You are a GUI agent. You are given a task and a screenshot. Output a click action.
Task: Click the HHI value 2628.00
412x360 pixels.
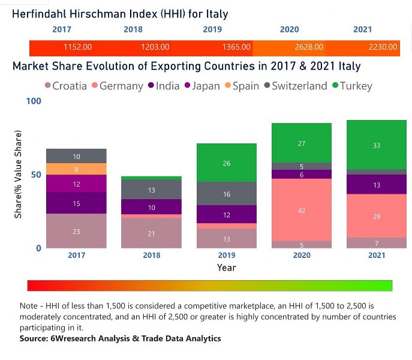309,47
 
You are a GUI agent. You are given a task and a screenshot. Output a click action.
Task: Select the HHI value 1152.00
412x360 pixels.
77,47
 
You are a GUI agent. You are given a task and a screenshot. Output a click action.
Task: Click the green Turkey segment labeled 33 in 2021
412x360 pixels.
377,145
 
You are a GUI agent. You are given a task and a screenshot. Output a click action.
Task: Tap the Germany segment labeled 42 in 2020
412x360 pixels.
302,210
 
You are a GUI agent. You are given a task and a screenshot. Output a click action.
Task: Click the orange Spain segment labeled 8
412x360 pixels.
77,169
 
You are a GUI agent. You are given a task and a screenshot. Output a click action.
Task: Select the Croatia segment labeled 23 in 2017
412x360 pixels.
77,231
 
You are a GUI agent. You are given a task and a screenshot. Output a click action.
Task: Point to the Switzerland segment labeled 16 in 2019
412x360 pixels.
227,194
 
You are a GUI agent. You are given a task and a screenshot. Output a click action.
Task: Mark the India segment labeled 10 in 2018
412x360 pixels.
152,207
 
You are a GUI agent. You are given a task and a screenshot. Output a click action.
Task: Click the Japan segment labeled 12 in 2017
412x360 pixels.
77,184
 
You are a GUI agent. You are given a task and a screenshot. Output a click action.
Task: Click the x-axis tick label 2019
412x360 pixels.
227,255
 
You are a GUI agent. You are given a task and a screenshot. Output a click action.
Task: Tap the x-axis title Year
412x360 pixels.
227,268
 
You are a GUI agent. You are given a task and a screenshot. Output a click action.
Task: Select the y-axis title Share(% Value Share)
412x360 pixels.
19,174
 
